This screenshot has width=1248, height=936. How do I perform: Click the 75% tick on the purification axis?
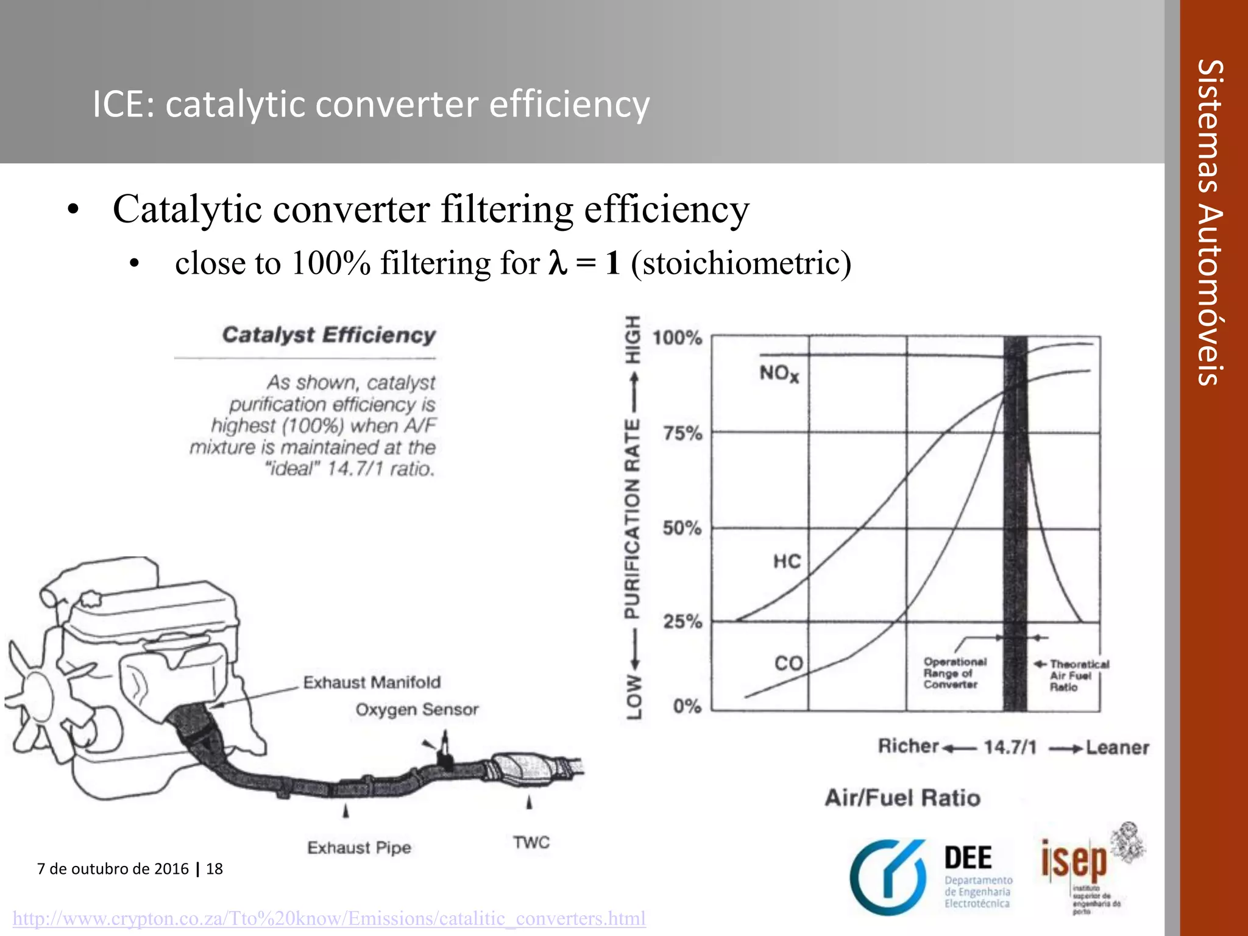pos(682,433)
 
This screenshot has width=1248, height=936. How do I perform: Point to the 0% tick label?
pos(687,706)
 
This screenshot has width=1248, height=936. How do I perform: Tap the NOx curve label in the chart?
pos(778,373)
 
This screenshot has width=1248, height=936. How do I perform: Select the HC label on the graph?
pos(787,561)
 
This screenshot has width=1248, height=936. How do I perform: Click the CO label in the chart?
pos(789,663)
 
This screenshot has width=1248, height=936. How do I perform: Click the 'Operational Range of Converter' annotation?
pos(954,673)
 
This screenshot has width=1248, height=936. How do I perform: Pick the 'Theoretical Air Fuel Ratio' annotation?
pos(1078,675)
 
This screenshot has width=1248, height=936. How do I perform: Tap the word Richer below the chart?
pos(908,746)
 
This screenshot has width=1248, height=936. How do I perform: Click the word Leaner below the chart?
pos(1117,747)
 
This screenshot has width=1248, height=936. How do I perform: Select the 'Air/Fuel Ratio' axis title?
pos(902,798)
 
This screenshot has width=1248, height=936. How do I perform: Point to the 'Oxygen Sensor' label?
pos(417,710)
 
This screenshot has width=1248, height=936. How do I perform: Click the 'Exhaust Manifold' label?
pos(372,682)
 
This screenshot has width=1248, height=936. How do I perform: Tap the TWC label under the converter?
pos(531,842)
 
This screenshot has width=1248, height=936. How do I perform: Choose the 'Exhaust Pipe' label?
pos(359,848)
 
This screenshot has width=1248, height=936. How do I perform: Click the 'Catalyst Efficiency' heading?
pos(329,335)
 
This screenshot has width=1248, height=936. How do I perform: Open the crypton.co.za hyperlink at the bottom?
pos(329,918)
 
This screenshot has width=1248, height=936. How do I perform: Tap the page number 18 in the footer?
pos(214,868)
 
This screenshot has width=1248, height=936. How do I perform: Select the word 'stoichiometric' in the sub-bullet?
pos(741,263)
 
